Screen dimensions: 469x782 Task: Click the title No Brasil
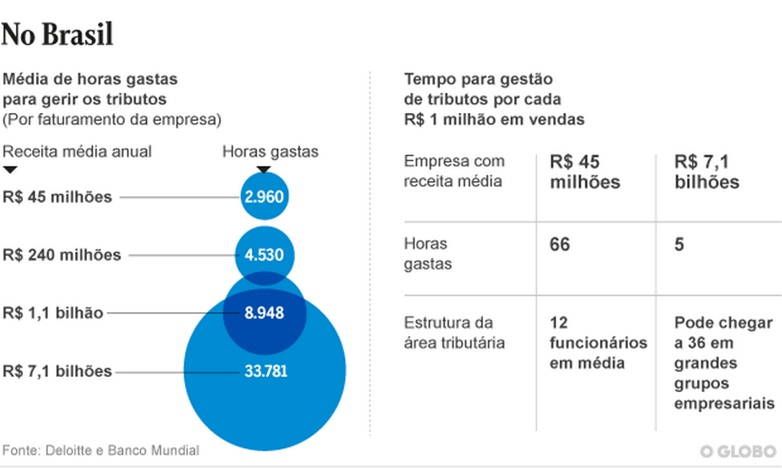tap(58, 33)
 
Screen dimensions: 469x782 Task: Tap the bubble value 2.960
tap(264, 196)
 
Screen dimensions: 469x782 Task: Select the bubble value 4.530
tap(264, 255)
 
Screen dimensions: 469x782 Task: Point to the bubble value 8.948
tap(264, 313)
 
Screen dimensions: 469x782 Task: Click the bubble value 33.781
tap(264, 371)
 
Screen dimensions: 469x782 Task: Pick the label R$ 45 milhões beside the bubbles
tap(58, 196)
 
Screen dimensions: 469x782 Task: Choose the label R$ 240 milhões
tap(62, 255)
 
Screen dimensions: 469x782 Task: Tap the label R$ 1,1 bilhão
tap(53, 313)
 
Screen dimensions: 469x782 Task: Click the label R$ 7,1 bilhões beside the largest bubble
tap(58, 371)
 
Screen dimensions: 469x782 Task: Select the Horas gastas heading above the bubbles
tap(270, 151)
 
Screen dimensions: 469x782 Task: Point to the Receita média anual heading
tap(78, 151)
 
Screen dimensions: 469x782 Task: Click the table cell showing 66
tap(559, 245)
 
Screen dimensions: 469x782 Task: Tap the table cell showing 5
tap(679, 245)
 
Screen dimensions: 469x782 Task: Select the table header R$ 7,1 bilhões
tap(707, 171)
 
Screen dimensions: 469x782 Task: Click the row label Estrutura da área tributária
tap(454, 332)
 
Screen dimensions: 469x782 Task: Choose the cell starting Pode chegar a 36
tap(723, 363)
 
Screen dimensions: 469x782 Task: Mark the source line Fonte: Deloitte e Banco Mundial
tap(101, 450)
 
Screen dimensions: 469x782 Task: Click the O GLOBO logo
tap(737, 451)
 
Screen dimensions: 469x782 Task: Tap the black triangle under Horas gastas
tap(264, 170)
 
